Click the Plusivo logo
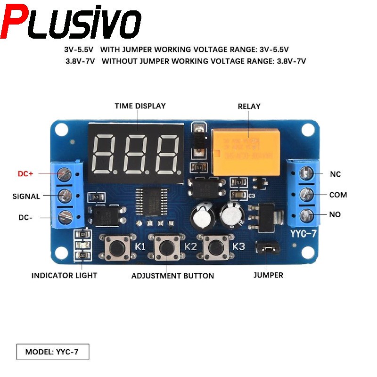pos(71,23)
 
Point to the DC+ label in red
pos(25,174)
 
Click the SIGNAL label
pos(26,196)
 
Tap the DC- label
pos(25,217)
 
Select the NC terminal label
pos(335,174)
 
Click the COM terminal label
pos(337,195)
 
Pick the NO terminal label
pos(335,214)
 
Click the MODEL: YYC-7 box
pos(52,352)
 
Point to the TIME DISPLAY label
pos(140,106)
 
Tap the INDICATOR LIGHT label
pos(64,275)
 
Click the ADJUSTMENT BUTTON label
pos(172,276)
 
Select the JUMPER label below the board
pos(268,275)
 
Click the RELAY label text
pos(249,107)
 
